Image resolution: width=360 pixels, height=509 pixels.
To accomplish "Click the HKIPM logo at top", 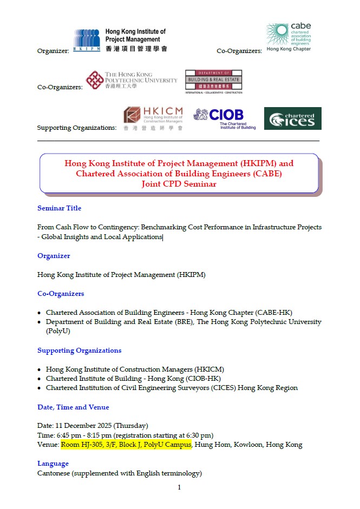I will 120,40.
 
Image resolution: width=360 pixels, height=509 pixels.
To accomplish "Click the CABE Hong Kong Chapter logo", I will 289,37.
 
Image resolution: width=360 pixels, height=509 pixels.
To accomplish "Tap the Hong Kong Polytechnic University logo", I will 132,81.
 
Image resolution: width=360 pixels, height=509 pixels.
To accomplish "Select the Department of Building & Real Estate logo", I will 213,82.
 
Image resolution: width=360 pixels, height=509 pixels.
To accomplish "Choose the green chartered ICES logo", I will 292,118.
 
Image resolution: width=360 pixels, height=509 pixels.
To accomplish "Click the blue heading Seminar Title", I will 59,208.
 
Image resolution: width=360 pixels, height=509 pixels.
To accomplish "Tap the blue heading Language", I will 53,464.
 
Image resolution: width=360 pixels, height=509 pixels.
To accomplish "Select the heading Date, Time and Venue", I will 73,407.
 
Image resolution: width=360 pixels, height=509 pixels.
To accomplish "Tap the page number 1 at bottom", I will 179,487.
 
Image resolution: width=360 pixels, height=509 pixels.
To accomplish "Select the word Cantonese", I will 54,473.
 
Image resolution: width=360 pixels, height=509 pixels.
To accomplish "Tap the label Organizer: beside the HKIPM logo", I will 53,51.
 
